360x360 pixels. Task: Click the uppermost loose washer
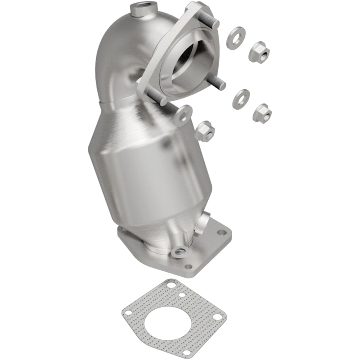click(x=236, y=38)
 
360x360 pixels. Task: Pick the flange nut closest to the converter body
click(x=205, y=130)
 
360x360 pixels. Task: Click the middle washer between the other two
click(x=241, y=99)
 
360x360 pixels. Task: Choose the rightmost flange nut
click(x=262, y=113)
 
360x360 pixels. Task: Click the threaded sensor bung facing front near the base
click(x=180, y=252)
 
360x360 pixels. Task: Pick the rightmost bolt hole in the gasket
click(x=217, y=317)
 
